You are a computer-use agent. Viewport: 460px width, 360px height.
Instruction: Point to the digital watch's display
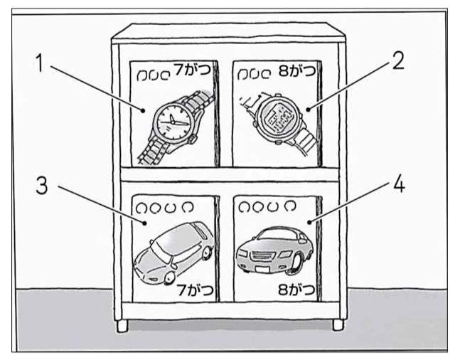click(275, 113)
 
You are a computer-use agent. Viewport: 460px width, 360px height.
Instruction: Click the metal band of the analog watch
click(161, 150)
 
